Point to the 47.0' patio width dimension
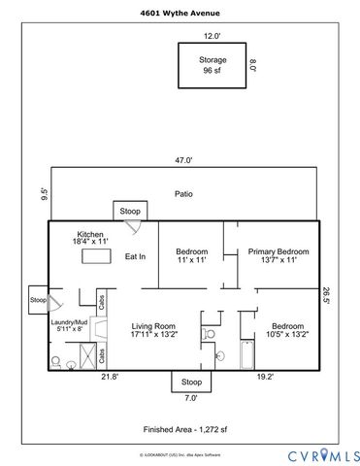(183, 160)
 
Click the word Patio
(183, 194)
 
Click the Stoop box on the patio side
(129, 211)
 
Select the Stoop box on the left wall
(38, 300)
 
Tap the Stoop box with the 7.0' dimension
(191, 383)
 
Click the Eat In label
(135, 256)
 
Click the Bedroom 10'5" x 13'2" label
(288, 330)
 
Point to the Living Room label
(152, 330)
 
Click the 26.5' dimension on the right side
(326, 296)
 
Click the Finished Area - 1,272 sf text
(183, 428)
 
